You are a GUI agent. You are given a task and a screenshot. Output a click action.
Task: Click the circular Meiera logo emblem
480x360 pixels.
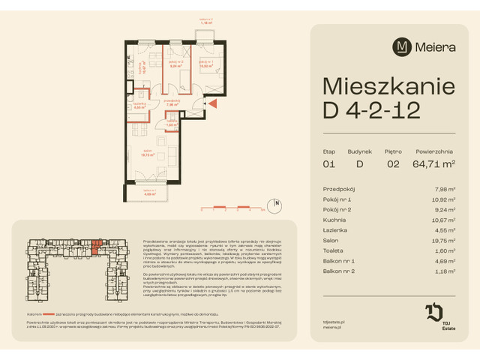coord(403,47)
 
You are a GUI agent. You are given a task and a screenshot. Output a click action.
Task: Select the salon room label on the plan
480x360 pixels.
coord(147,154)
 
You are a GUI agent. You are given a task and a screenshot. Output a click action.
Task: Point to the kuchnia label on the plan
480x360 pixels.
coord(137,67)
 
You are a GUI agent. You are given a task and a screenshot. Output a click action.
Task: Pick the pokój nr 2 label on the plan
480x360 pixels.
coord(175,64)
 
